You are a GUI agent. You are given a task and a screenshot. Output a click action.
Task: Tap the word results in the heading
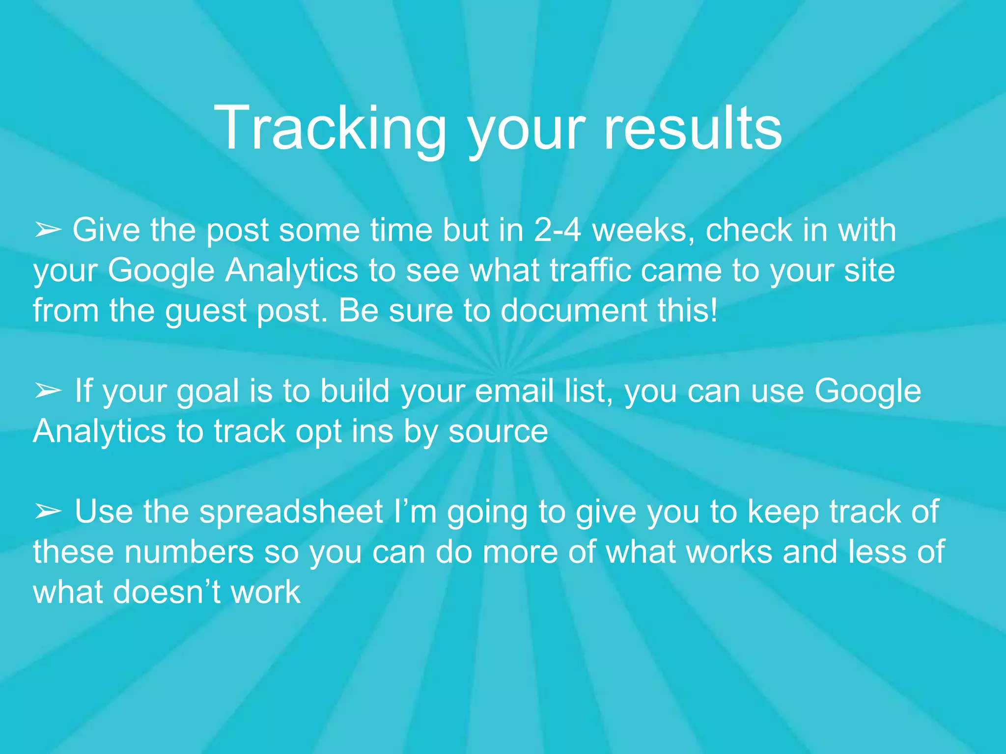pos(692,129)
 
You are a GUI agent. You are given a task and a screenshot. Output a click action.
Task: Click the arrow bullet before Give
pos(48,230)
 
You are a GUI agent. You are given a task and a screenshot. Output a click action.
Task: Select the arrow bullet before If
pos(48,391)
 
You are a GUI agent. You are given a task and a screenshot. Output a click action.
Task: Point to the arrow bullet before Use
pos(48,512)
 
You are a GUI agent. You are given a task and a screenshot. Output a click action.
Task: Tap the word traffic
pos(590,270)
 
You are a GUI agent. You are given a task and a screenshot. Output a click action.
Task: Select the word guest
pos(206,312)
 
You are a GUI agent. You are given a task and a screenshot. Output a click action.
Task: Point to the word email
pos(514,391)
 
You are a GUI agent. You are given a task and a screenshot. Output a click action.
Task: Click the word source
pos(498,431)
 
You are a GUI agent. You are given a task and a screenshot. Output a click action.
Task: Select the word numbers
pos(189,552)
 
